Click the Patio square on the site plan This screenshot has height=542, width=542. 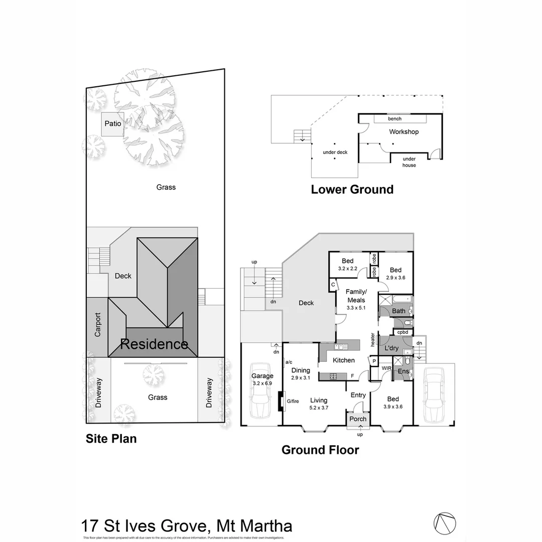click(112, 124)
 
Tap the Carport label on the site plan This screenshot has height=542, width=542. click(98, 325)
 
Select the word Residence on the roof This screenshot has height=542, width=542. click(154, 344)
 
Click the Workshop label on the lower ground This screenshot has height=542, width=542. click(403, 132)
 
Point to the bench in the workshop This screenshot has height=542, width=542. click(394, 119)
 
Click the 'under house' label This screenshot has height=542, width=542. click(409, 162)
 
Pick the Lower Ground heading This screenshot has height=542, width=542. click(352, 190)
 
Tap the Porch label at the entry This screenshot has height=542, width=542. click(358, 419)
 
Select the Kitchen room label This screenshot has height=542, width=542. click(344, 360)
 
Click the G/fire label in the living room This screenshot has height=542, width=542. click(293, 401)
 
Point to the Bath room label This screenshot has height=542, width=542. click(398, 311)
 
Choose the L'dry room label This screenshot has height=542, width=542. click(391, 348)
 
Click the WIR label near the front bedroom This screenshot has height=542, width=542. click(386, 368)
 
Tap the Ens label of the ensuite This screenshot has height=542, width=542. click(403, 372)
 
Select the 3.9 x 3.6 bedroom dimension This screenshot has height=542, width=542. click(392, 407)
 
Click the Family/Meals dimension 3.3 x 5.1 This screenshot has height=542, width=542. click(356, 308)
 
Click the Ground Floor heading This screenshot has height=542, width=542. click(320, 450)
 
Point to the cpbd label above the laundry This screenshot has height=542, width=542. click(402, 332)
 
